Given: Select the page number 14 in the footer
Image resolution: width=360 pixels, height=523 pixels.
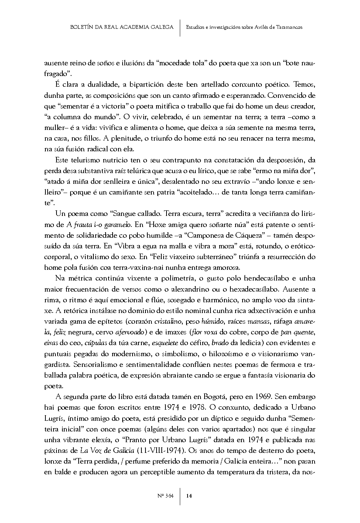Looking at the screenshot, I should tap(189, 496).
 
